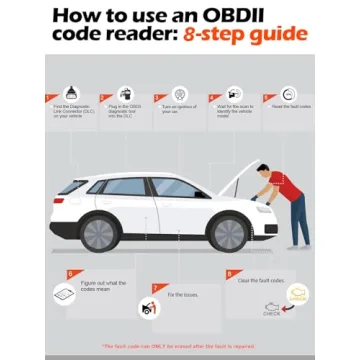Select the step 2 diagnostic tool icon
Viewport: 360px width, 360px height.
coord(123,94)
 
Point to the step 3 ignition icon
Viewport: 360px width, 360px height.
coord(179,94)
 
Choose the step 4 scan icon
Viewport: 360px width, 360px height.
coord(234,94)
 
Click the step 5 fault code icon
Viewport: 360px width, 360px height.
coord(288,94)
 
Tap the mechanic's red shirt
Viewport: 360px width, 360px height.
coord(284,187)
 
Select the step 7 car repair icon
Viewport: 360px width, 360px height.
coord(149,309)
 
